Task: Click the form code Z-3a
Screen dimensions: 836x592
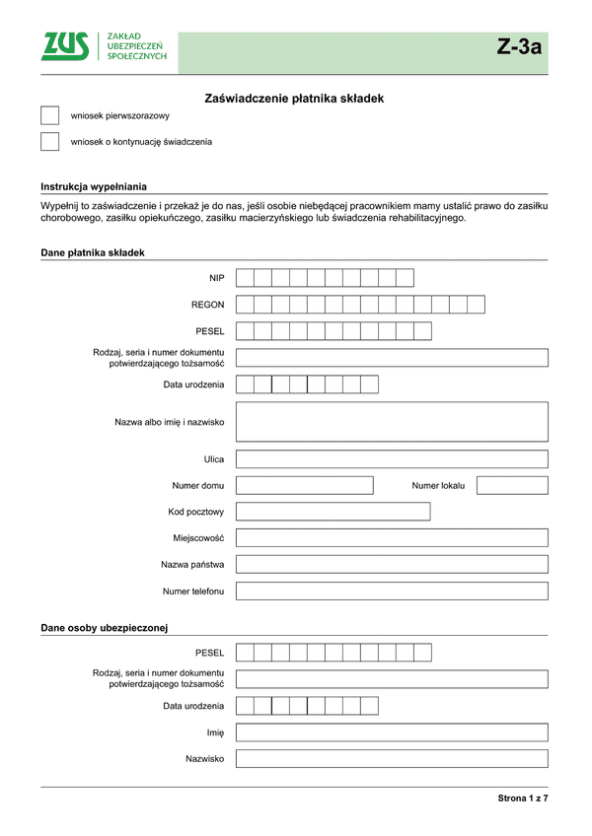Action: (519, 47)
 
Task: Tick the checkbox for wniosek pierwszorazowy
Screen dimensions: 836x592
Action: (50, 116)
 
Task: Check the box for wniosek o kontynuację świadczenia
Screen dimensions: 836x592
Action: (50, 142)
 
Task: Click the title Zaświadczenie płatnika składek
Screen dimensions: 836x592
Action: (293, 99)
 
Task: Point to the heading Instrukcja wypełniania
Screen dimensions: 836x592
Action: (94, 186)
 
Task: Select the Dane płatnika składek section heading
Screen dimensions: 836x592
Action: (93, 253)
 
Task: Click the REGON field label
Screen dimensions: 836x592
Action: (207, 305)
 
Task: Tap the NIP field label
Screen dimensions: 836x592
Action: (216, 278)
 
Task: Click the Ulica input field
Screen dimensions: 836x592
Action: (392, 459)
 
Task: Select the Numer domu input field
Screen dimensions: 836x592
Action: (304, 485)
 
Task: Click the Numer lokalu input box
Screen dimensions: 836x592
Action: (511, 485)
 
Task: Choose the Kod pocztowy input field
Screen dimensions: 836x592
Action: (333, 512)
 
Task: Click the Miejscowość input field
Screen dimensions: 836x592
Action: (392, 538)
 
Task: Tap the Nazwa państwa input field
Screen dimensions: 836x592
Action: (392, 565)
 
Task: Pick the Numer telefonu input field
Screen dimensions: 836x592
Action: (392, 592)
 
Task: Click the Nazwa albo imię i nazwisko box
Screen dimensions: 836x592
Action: (392, 422)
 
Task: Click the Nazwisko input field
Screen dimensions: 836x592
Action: (392, 759)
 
